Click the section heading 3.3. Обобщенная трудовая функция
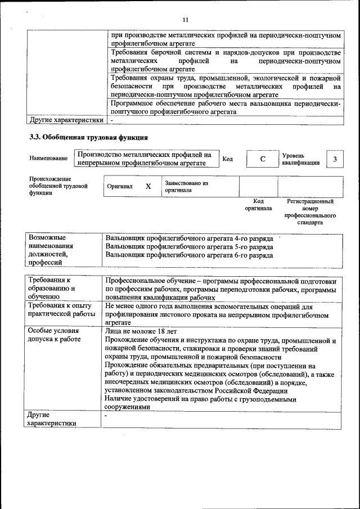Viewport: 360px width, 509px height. (88, 137)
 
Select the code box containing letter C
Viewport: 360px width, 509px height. (262, 159)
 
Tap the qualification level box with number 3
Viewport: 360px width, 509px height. (335, 159)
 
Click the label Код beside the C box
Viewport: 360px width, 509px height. (228, 159)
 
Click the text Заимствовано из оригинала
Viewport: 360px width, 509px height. (186, 187)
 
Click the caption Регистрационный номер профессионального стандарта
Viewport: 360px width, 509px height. (310, 211)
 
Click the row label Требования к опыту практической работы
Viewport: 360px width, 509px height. (60, 309)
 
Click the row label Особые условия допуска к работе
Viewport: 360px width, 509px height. (55, 335)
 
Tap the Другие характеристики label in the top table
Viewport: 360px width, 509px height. (66, 120)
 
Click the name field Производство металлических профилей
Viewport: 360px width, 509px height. (145, 159)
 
